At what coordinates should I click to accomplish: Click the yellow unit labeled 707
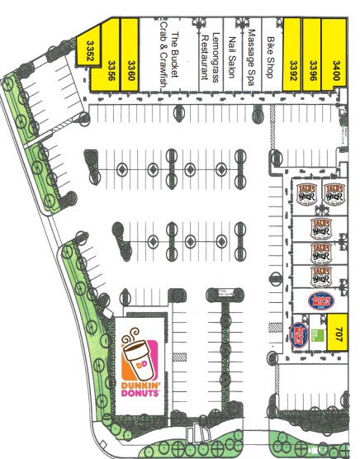click(336, 334)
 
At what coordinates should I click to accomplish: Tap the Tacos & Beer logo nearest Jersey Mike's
click(320, 275)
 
